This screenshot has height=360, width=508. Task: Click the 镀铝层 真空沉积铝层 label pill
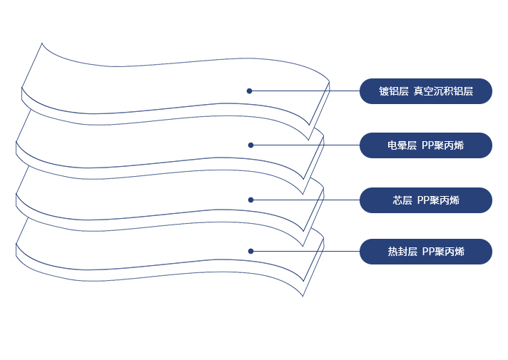425,91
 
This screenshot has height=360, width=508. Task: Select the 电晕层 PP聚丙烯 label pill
425,145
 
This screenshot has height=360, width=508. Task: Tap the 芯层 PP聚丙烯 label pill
425,200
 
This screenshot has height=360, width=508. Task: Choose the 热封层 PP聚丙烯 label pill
425,252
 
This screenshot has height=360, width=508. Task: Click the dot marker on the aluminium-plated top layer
250,91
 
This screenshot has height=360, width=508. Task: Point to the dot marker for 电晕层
250,145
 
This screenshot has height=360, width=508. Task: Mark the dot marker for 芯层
250,200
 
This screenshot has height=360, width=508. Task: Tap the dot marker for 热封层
250,251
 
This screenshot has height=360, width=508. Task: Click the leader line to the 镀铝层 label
307,91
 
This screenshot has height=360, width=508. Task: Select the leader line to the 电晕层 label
307,145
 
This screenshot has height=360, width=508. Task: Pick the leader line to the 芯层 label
307,200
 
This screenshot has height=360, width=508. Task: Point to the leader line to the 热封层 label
307,251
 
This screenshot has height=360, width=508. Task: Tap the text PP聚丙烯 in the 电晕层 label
442,145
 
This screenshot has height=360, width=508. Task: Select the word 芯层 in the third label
402,200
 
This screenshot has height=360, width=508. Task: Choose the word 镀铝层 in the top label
394,91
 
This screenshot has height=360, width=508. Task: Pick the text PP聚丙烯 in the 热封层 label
443,252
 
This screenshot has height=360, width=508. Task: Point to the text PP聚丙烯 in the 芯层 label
438,200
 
